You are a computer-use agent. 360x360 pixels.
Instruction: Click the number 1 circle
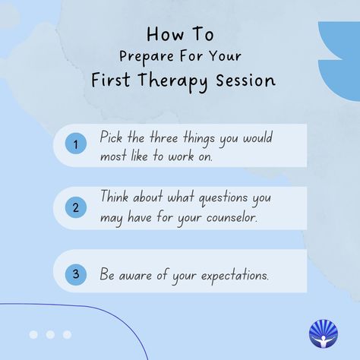pos(76,144)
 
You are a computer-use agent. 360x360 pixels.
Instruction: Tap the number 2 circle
pos(76,207)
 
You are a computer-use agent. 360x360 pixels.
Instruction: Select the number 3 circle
pos(76,275)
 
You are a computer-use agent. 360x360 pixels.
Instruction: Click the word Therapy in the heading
pos(173,81)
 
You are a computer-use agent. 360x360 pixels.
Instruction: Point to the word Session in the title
pos(245,81)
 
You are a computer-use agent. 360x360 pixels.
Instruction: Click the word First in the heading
pos(111,80)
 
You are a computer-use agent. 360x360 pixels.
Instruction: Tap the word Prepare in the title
pos(147,57)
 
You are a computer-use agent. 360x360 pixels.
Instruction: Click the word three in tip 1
pos(163,137)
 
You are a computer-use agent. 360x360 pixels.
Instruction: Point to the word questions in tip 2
pos(223,198)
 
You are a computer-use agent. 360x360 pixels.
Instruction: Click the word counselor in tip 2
pos(232,217)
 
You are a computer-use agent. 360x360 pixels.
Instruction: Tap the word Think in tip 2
pos(114,196)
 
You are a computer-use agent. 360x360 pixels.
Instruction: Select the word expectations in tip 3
pos(235,276)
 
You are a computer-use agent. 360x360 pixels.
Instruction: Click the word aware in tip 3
pos(135,276)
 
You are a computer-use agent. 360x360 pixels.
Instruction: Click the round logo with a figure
pos(324,333)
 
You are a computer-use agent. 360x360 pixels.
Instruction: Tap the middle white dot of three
pos(50,334)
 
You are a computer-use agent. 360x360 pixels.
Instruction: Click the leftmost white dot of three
pos(33,334)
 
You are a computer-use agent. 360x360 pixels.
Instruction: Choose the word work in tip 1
pos(182,156)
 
